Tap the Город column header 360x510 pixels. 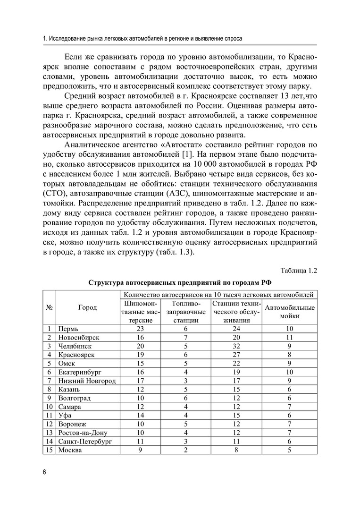click(x=87, y=307)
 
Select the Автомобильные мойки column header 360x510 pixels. click(x=290, y=312)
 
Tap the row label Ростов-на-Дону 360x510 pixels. click(x=83, y=433)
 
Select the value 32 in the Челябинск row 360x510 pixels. click(x=236, y=346)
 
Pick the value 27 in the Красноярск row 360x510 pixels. click(x=236, y=355)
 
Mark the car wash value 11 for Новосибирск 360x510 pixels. click(x=290, y=337)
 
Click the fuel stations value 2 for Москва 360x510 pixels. click(x=186, y=450)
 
